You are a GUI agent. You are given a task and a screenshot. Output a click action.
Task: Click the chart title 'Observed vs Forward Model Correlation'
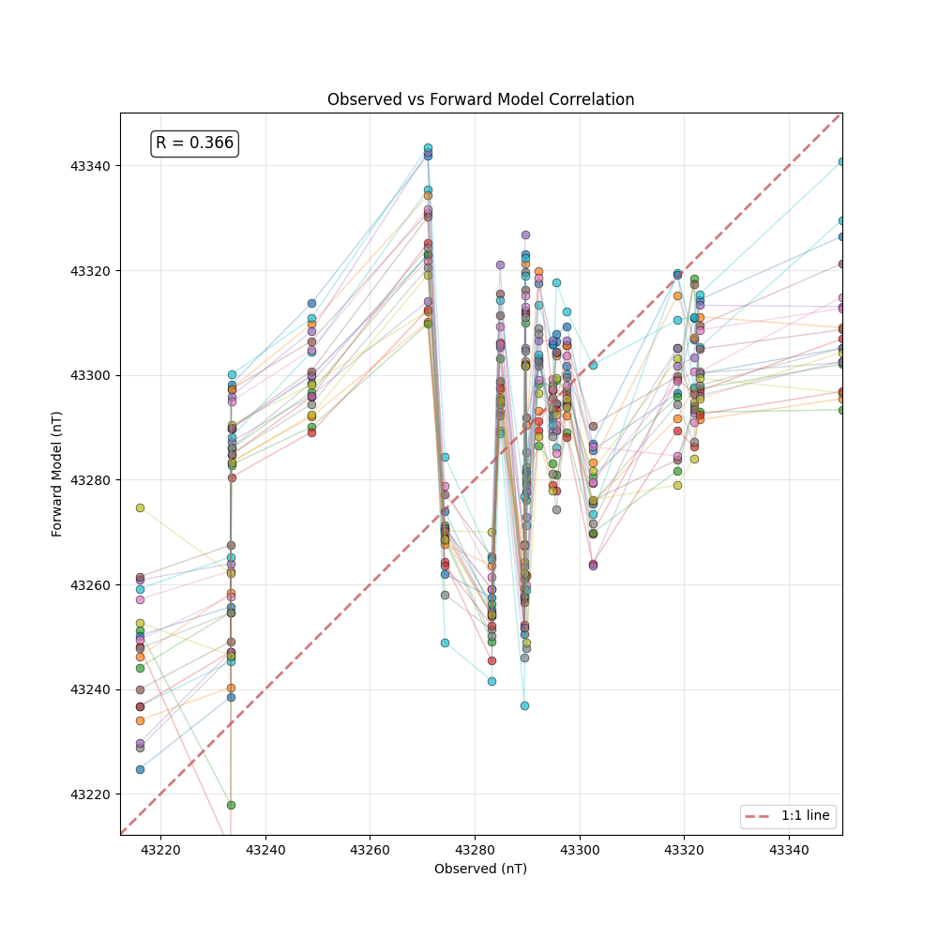480,99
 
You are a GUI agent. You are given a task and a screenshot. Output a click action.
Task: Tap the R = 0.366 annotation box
194,144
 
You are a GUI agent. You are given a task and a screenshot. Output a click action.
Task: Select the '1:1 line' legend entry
787,816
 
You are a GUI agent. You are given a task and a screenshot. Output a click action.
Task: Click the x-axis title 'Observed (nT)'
480,869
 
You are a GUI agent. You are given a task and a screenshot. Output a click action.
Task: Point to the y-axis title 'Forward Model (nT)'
57,474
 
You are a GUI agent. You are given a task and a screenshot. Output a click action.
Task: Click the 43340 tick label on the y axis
90,166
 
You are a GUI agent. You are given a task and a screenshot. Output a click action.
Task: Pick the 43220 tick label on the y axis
90,794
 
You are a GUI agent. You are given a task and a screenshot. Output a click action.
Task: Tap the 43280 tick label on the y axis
90,480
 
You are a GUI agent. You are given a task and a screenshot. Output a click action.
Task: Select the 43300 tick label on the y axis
90,375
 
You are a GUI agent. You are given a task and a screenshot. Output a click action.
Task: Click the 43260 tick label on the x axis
370,850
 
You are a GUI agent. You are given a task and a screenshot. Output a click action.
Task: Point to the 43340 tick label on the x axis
788,850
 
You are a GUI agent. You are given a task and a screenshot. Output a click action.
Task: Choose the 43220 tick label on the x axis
160,850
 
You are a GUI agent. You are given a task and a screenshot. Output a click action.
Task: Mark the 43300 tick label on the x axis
579,850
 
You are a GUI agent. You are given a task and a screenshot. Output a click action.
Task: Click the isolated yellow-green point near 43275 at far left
140,507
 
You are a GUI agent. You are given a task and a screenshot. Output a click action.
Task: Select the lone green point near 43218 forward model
231,805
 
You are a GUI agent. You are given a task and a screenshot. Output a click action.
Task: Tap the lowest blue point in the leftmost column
140,769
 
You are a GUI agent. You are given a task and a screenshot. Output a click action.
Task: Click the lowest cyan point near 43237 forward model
524,705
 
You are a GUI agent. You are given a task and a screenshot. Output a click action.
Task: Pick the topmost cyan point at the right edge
841,162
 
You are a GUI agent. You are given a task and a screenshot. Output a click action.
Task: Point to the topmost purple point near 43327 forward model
525,234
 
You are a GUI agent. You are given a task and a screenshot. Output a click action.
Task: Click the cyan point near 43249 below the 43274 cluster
445,643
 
